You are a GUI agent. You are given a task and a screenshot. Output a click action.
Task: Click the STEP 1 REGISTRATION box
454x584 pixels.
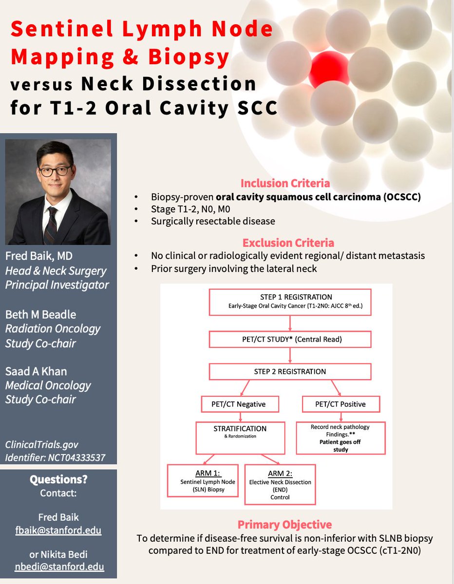[x=290, y=302]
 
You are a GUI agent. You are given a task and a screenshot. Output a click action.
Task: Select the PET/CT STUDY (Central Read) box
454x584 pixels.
[x=290, y=339]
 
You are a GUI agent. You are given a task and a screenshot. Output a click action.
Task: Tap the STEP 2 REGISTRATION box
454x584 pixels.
[x=290, y=371]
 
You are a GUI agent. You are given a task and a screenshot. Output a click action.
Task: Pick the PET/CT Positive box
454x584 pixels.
[x=340, y=403]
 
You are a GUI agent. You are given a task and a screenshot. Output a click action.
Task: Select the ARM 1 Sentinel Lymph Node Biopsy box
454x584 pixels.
[x=202, y=480]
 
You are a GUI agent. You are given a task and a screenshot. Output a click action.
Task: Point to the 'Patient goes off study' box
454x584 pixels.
[x=340, y=438]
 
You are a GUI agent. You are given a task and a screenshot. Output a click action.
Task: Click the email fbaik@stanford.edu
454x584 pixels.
[x=58, y=530]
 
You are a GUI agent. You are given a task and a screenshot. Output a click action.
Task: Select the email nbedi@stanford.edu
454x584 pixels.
[x=58, y=566]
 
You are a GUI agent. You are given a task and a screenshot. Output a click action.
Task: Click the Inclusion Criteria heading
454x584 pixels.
[x=284, y=183]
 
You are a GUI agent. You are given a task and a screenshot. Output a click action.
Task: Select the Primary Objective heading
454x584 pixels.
[x=284, y=524]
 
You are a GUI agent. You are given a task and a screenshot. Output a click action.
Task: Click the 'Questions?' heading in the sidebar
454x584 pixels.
[x=58, y=479]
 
